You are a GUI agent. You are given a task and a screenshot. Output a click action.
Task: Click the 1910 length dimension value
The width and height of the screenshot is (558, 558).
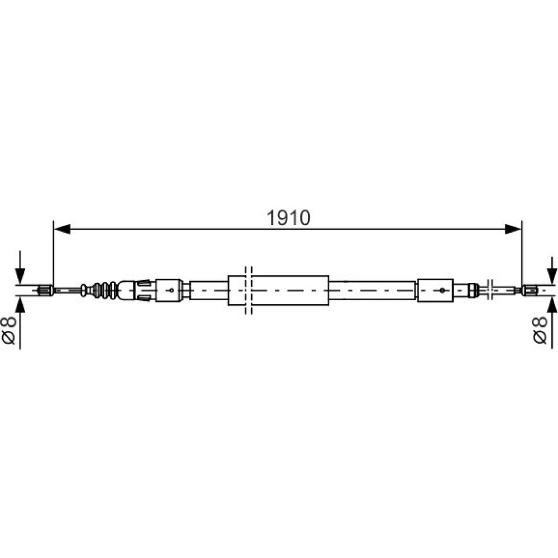(x=288, y=218)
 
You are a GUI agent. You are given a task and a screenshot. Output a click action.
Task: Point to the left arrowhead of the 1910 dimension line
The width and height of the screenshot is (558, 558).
(x=62, y=229)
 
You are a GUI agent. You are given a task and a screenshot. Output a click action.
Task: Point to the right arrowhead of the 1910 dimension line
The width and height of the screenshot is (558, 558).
(x=513, y=229)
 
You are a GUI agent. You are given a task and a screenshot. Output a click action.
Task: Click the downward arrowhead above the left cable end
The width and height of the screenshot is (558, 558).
(x=20, y=276)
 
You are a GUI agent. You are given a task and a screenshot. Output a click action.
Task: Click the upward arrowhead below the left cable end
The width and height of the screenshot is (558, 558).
(x=20, y=305)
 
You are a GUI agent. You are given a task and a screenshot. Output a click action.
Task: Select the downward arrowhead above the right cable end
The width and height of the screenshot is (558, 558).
(x=552, y=276)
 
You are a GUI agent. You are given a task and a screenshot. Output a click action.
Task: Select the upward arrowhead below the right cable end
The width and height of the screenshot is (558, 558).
(x=552, y=305)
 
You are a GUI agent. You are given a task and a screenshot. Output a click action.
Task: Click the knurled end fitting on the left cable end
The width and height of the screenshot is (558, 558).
(x=46, y=290)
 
